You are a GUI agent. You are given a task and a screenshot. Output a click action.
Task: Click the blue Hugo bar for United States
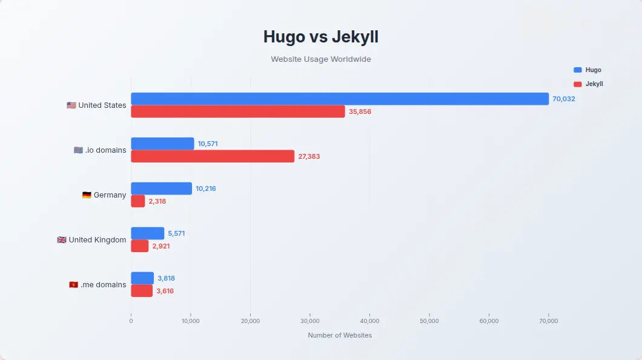pos(339,99)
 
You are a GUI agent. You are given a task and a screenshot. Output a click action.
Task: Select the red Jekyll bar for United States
pos(237,112)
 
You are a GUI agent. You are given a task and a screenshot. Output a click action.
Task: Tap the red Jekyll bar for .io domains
pos(213,156)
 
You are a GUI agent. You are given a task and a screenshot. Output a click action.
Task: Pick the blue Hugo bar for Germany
pos(161,188)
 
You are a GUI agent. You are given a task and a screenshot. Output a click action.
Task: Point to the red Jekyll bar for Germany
pos(138,201)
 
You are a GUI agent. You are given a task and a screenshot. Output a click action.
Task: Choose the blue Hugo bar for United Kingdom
pos(147,233)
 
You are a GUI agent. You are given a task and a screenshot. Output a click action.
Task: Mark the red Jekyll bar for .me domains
pos(142,291)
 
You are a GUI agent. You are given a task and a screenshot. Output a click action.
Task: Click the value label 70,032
pos(563,99)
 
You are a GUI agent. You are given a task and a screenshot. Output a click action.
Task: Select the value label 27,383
pos(309,156)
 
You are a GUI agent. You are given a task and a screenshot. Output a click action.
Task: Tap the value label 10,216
pos(206,188)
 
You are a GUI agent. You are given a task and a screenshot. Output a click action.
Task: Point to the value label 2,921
pos(161,246)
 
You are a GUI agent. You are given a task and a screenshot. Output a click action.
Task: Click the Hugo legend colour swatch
pos(577,70)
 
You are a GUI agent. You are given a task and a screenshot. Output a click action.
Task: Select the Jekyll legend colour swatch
pos(577,84)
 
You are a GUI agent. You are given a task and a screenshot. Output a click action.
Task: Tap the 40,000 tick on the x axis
pos(369,321)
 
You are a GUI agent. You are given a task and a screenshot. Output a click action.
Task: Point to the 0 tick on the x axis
pos(131,321)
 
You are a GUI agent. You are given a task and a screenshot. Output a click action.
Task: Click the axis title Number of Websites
pos(340,335)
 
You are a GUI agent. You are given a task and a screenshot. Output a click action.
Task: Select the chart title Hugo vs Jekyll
pos(321,37)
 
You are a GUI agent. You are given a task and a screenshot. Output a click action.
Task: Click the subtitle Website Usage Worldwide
pos(321,59)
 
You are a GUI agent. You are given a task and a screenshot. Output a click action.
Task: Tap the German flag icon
pos(87,195)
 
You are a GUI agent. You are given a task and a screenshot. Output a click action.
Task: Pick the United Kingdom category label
pos(97,240)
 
